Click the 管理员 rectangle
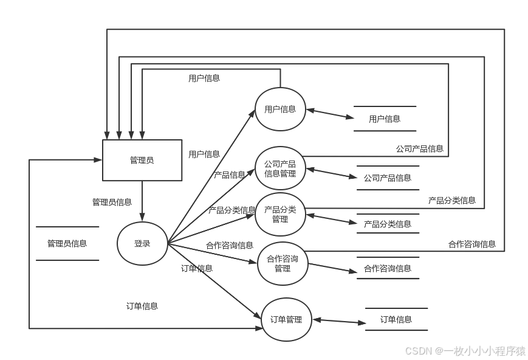tap(142, 161)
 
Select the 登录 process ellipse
tap(142, 243)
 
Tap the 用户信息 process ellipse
tap(280, 109)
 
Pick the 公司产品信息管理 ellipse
tap(280, 168)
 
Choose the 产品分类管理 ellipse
tap(280, 214)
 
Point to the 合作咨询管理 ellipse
tap(283, 263)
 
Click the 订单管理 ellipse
tap(286, 319)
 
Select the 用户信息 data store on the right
tap(385, 119)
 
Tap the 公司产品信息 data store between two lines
tap(388, 178)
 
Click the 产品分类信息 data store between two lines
tap(388, 224)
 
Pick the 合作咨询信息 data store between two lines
tap(388, 268)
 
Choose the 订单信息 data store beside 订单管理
tap(396, 319)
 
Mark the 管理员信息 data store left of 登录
tap(67, 243)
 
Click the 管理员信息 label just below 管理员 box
tap(112, 202)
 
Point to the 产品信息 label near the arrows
tap(230, 175)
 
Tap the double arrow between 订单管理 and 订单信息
tap(338, 320)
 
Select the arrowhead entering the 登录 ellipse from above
tap(142, 217)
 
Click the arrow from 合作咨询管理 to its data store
tap(333, 268)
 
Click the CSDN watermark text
tap(465, 350)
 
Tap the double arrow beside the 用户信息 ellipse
tap(330, 113)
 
